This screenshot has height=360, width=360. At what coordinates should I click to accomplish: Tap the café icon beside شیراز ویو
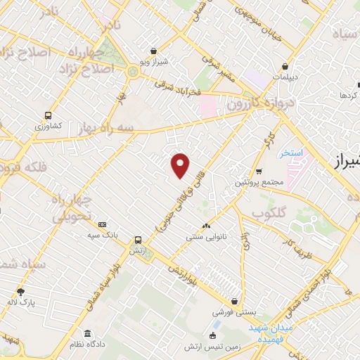[153, 51]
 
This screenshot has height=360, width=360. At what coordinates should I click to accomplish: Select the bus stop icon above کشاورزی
[48, 115]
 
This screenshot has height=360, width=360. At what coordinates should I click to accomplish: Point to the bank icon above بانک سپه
[103, 224]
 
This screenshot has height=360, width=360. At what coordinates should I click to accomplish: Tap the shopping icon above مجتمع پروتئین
[259, 172]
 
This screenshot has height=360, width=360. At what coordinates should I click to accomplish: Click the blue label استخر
[290, 153]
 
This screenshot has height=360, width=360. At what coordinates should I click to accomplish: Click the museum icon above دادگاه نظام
[87, 333]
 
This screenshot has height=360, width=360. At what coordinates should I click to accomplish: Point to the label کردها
[349, 94]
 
